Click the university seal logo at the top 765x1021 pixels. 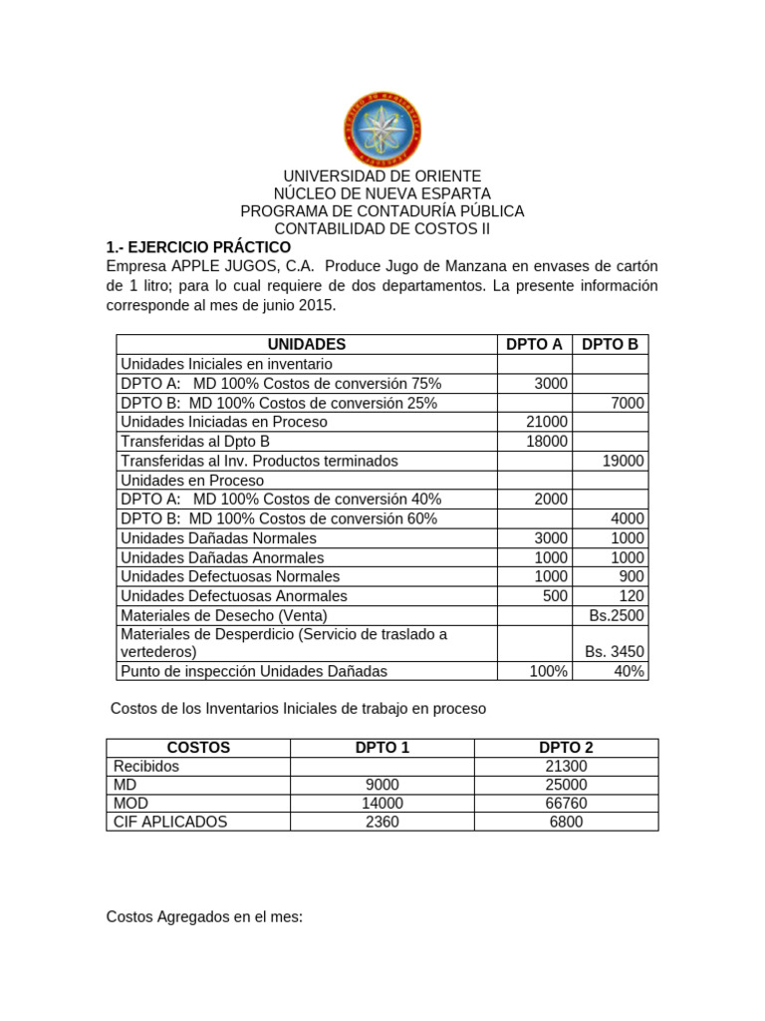pyautogui.click(x=382, y=130)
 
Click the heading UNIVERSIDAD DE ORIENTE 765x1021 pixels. pyautogui.click(x=382, y=175)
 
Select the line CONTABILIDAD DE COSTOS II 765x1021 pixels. pyautogui.click(x=382, y=229)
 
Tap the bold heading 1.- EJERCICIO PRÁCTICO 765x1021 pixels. pyautogui.click(x=198, y=247)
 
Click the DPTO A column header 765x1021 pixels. pyautogui.click(x=534, y=344)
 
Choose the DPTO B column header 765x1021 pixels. pyautogui.click(x=610, y=344)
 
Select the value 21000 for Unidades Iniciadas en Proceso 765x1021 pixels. pyautogui.click(x=547, y=422)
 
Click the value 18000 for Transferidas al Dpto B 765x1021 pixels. pyautogui.click(x=547, y=441)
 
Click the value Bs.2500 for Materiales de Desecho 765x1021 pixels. pyautogui.click(x=617, y=615)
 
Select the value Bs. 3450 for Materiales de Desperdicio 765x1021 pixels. pyautogui.click(x=615, y=652)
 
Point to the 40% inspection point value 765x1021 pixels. pyautogui.click(x=629, y=672)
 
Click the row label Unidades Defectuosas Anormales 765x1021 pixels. pyautogui.click(x=233, y=596)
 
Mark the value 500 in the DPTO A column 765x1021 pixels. pyautogui.click(x=555, y=596)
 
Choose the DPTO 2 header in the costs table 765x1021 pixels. pyautogui.click(x=566, y=747)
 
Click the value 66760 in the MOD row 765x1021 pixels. pyautogui.click(x=566, y=804)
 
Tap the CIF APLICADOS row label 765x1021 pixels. pyautogui.click(x=170, y=823)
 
